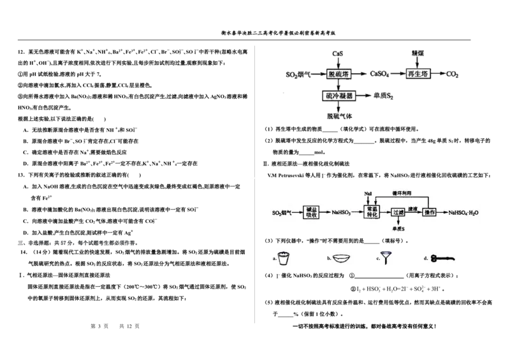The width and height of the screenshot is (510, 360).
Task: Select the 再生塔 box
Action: (418, 75)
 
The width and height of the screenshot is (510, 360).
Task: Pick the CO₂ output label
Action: (452, 75)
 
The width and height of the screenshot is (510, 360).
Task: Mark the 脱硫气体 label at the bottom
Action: (338, 117)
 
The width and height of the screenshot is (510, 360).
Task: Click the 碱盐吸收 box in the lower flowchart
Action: (312, 212)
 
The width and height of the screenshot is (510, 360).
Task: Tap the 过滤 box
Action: (398, 212)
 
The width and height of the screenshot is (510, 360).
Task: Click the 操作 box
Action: (429, 212)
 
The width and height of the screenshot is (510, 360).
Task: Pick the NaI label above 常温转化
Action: (368, 192)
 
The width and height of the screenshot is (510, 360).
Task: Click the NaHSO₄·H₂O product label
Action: (463, 212)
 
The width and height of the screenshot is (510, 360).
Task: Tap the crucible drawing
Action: (285, 258)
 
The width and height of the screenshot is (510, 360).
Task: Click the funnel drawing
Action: (386, 258)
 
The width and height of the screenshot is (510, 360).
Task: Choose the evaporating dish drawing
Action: (344, 258)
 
